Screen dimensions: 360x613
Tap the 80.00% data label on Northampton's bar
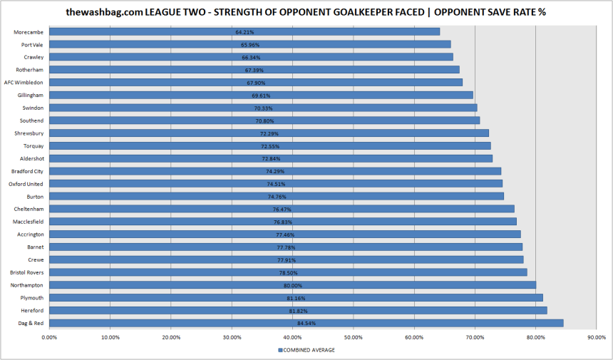coord(293,285)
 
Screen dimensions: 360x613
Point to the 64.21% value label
coord(244,32)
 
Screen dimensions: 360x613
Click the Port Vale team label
coord(32,44)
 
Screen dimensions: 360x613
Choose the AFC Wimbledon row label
coord(24,82)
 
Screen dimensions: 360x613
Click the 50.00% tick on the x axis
coord(353,336)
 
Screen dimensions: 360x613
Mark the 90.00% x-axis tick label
coord(596,336)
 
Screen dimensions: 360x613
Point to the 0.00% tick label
coord(48,336)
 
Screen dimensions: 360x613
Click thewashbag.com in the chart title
coord(104,12)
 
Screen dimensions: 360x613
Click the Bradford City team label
coord(27,171)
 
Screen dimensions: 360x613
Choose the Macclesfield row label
coord(28,222)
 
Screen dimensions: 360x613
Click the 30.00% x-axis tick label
coord(231,336)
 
